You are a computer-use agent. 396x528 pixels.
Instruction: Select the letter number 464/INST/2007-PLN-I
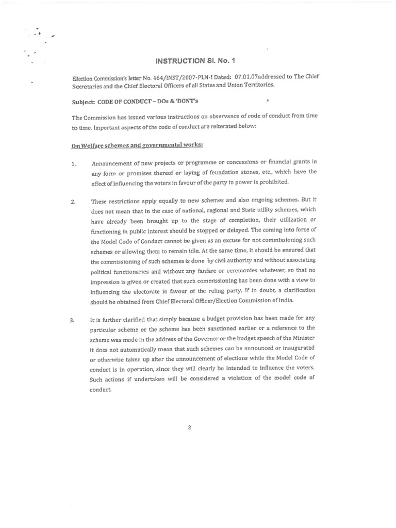click(x=173, y=77)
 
